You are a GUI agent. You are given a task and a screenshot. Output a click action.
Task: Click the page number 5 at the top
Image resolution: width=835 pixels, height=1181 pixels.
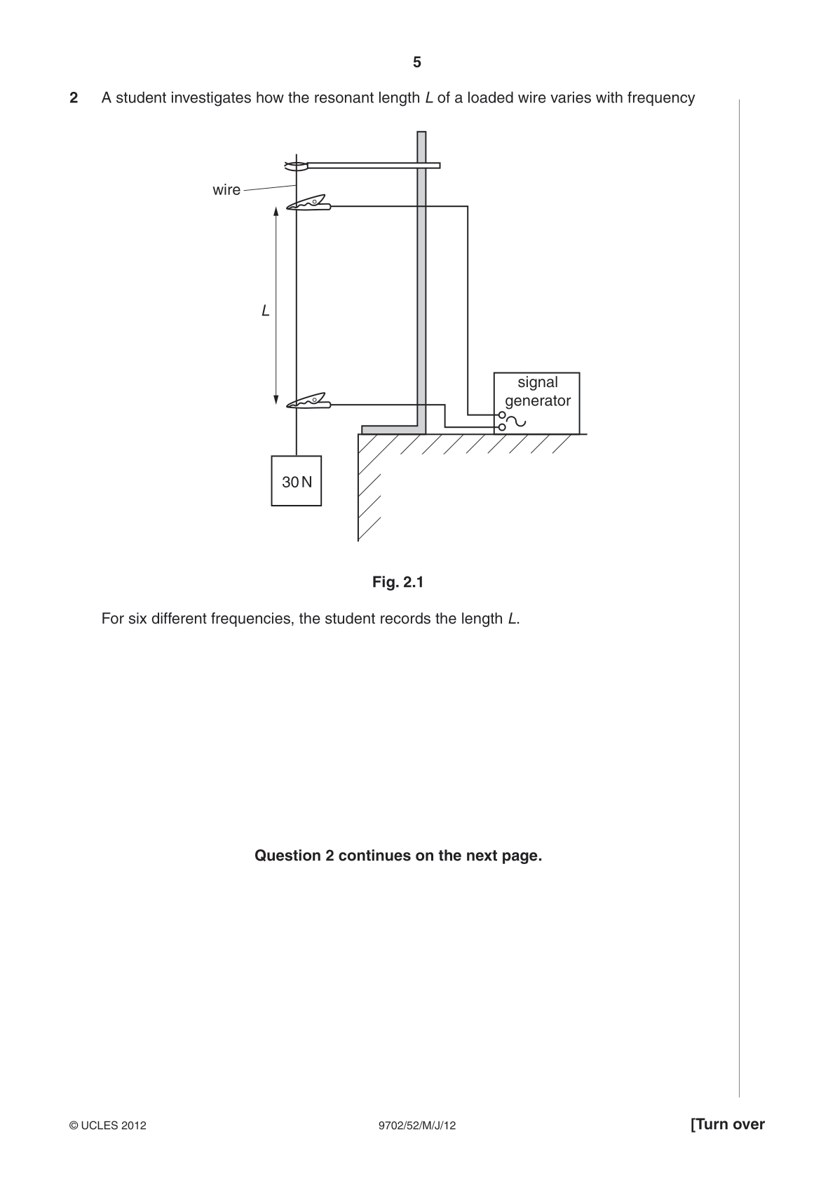[417, 62]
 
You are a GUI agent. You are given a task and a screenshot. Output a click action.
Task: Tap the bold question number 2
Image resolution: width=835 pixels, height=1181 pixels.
[74, 98]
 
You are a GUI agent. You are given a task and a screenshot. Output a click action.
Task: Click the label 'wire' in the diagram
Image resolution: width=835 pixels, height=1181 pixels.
[226, 190]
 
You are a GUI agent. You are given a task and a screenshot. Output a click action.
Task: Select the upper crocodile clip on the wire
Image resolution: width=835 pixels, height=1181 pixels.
[309, 203]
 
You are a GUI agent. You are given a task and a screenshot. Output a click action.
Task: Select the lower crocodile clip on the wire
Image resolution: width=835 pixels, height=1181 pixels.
[309, 401]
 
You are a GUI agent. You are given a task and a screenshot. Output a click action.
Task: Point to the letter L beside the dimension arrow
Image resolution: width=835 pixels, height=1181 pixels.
[266, 311]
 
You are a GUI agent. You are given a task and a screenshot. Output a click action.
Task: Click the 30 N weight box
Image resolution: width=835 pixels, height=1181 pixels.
[297, 481]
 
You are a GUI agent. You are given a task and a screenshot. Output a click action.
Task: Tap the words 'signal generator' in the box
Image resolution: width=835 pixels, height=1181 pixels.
[538, 391]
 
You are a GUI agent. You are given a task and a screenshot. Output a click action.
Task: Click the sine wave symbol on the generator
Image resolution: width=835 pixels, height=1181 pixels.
[516, 421]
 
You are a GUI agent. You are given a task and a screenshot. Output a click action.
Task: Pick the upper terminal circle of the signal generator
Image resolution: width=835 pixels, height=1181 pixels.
[502, 415]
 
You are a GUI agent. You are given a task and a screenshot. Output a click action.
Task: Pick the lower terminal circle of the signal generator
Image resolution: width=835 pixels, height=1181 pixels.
[502, 427]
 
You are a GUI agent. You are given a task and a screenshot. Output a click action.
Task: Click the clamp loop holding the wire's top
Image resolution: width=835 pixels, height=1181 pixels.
[297, 166]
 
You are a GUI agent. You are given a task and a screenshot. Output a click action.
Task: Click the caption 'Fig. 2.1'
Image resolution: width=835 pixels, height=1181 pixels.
[398, 582]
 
